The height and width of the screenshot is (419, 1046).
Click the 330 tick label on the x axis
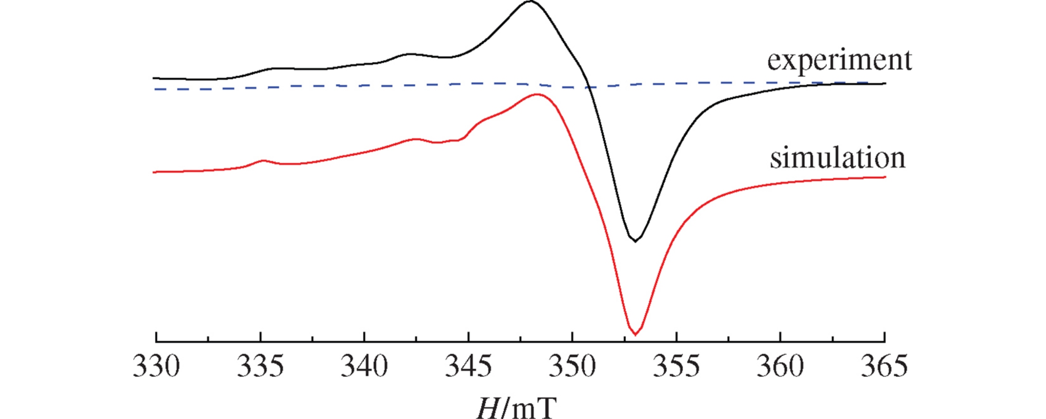156,367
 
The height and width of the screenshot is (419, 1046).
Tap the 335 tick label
260,367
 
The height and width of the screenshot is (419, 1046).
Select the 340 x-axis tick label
364,367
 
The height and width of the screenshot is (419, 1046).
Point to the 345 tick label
468,367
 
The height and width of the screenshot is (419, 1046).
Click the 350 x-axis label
572,367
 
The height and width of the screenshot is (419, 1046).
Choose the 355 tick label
676,367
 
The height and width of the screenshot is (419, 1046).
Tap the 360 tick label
780,367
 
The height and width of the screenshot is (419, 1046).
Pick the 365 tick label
884,367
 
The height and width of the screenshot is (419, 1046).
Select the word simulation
837,158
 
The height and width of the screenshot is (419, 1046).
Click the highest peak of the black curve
530,1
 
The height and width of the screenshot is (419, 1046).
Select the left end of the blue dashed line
155,89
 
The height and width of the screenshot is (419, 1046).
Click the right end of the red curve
884,177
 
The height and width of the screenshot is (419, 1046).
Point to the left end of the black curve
154,78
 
